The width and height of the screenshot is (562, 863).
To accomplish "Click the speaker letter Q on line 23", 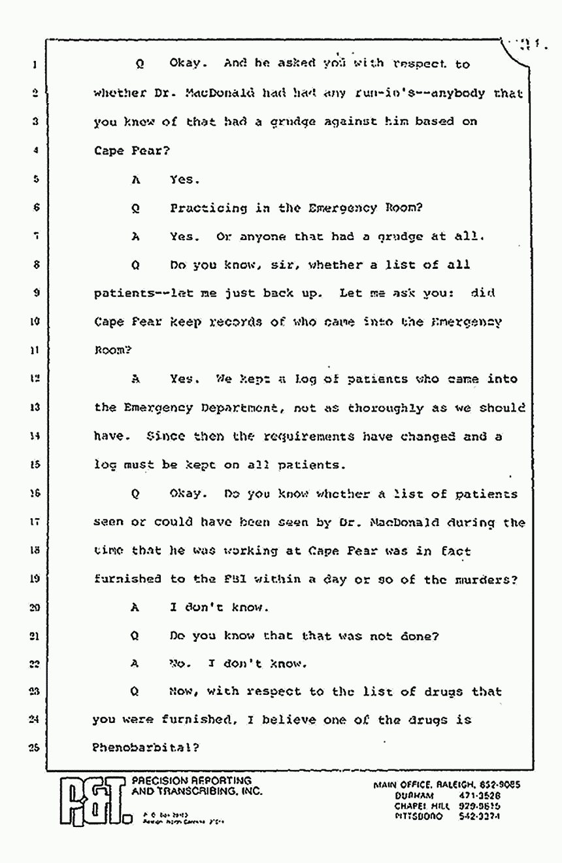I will tap(135, 692).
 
